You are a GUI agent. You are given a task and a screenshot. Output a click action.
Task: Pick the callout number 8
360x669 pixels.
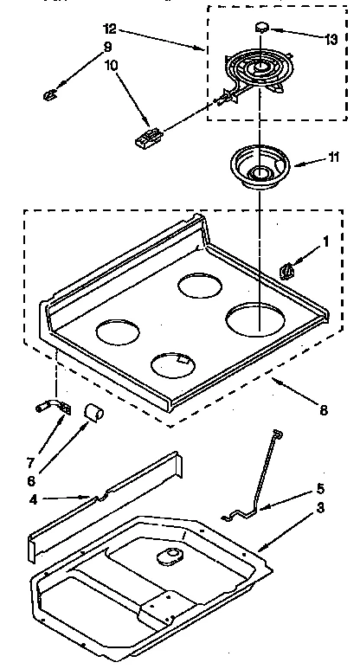pos(323,410)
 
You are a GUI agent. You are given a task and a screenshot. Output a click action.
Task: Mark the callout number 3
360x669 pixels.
pos(320,507)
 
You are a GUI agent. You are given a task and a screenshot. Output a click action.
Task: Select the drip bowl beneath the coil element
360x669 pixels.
pos(257,169)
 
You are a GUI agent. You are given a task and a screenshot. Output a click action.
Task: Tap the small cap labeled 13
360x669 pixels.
pos(260,28)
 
